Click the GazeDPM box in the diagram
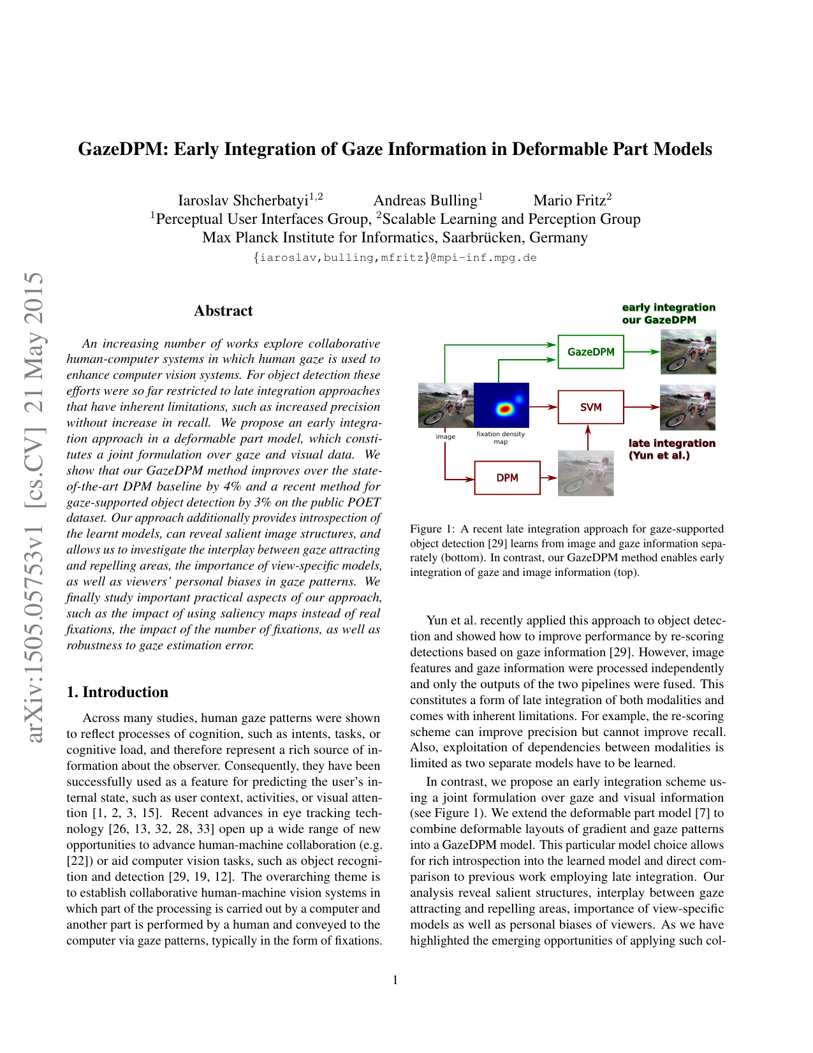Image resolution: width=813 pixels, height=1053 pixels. tap(590, 351)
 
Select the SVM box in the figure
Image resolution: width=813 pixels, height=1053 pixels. tap(590, 407)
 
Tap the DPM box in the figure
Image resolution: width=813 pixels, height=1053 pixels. tap(507, 478)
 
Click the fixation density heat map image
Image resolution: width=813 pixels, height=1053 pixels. tap(501, 405)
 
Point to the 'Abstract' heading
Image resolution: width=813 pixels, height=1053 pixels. tap(223, 311)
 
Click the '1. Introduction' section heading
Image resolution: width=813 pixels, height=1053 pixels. tap(117, 692)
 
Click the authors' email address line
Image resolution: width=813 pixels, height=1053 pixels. tap(395, 258)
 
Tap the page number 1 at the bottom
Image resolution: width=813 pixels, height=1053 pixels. tap(395, 980)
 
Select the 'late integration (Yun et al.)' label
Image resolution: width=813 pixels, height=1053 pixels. tap(671, 449)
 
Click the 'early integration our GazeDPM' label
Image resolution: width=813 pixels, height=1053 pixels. tap(668, 313)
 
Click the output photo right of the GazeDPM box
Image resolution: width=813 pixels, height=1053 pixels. tap(688, 351)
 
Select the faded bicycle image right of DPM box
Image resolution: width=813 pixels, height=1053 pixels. tap(585, 473)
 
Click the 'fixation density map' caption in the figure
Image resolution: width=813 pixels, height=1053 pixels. tap(501, 438)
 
